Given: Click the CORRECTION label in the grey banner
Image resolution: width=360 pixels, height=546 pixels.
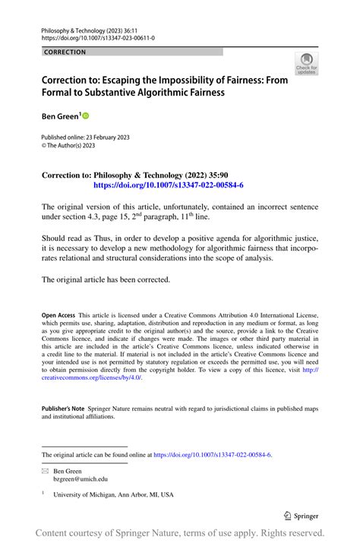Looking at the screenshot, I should point(65,52).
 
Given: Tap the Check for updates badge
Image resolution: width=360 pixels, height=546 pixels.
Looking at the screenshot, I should point(307,63).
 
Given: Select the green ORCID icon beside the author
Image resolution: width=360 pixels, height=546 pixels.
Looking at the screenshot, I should point(85,115).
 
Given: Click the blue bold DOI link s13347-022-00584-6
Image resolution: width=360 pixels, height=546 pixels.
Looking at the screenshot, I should point(168,185).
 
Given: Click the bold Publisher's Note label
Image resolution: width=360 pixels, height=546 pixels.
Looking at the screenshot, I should point(63,409).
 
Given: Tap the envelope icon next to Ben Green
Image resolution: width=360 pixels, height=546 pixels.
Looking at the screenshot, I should point(46,471).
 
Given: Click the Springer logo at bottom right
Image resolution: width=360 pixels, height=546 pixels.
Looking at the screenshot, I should point(300,516).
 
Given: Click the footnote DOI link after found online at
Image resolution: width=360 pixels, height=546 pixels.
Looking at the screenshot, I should point(213,455).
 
